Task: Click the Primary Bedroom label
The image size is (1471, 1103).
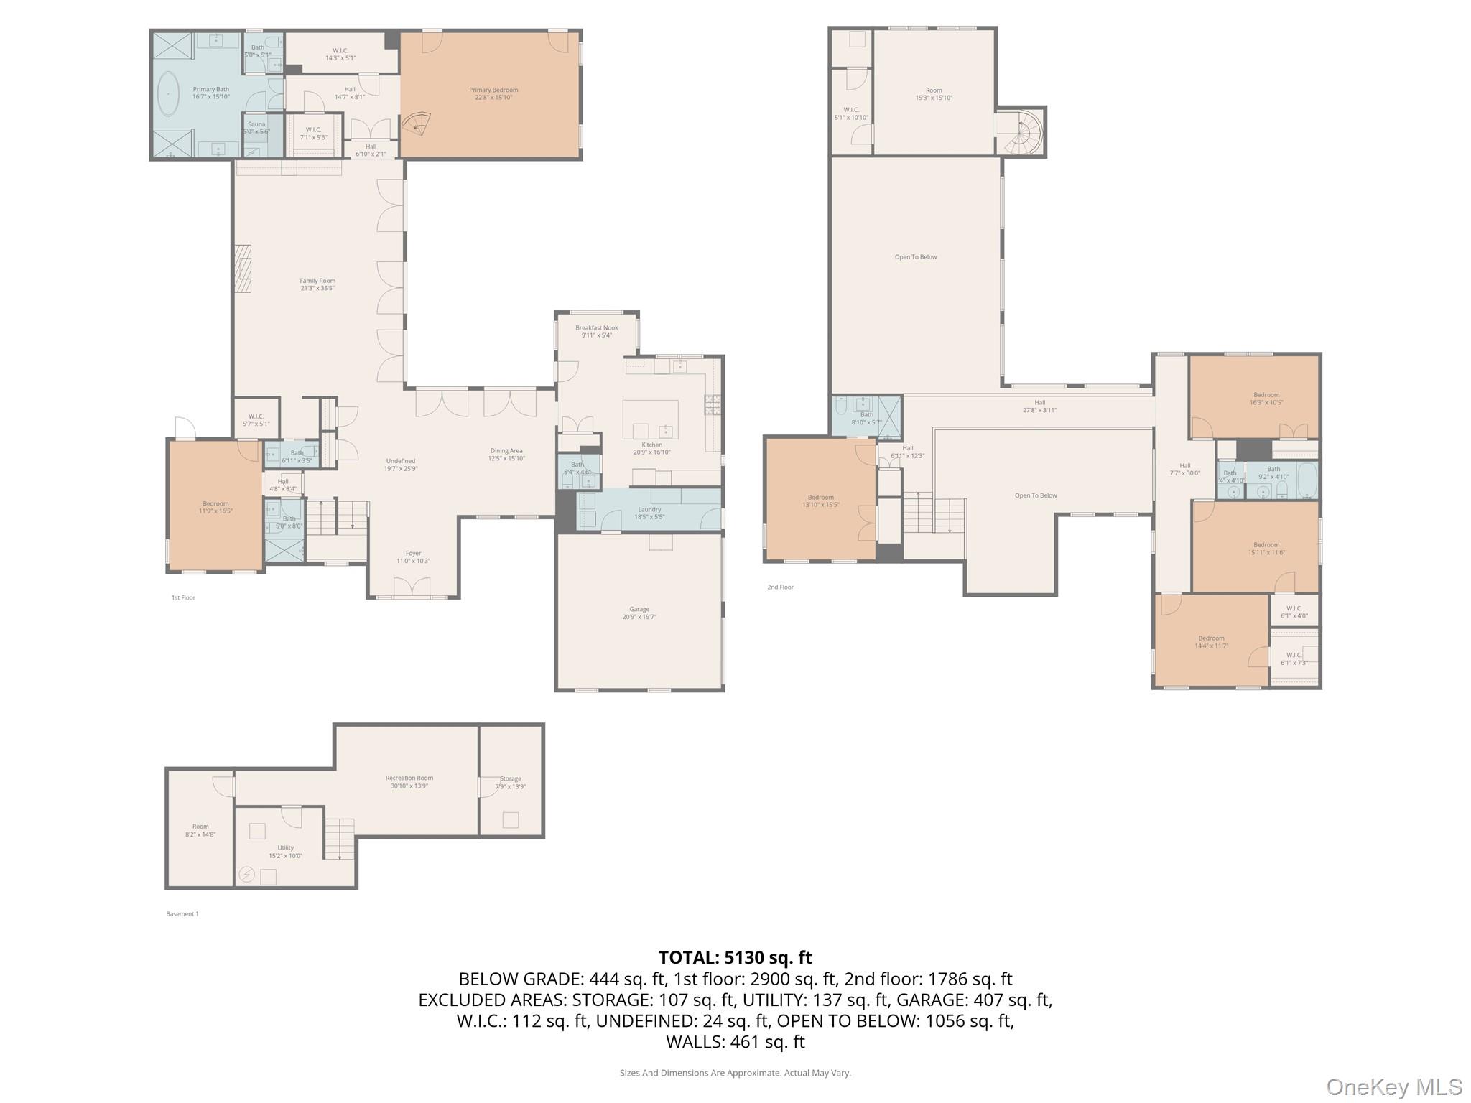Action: (x=493, y=90)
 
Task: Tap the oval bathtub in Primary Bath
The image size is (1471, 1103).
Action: (x=169, y=94)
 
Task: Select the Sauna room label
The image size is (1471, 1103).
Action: (x=256, y=124)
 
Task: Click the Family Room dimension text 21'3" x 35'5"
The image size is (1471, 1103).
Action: (x=317, y=289)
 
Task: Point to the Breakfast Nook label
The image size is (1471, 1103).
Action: (x=596, y=327)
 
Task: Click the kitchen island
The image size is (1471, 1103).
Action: (x=650, y=419)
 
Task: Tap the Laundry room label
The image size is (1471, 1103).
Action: (x=649, y=509)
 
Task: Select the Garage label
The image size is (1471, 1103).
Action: (x=639, y=609)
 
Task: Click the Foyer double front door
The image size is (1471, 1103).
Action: (x=412, y=588)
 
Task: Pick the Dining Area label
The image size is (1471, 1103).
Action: (x=506, y=451)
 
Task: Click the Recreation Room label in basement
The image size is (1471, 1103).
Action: (x=409, y=778)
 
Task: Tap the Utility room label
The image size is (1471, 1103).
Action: (x=286, y=847)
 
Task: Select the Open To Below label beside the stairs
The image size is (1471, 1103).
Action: (x=1036, y=495)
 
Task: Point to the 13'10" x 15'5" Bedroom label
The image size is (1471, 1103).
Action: (x=820, y=497)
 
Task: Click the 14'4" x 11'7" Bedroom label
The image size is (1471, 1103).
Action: (x=1211, y=638)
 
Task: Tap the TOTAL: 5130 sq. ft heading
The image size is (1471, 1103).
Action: (x=735, y=957)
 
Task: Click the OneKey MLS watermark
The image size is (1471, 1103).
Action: (x=1393, y=1087)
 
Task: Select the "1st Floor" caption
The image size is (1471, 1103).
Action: (x=183, y=597)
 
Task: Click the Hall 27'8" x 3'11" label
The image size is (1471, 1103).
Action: (x=1039, y=403)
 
